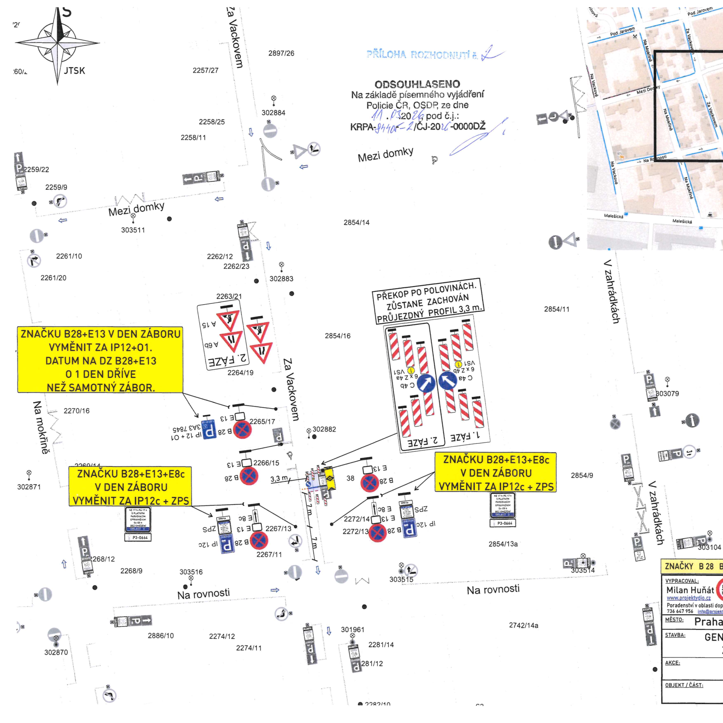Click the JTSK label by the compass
[75, 70]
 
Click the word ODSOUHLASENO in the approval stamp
[417, 84]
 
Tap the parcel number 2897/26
[281, 53]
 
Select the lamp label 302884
[273, 113]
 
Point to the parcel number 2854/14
[357, 223]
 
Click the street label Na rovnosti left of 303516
[204, 594]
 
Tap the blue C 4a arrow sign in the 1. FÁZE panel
[447, 380]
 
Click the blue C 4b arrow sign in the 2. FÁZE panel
[426, 383]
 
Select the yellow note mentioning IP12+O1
[100, 360]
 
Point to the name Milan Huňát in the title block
[690, 590]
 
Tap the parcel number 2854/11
[556, 309]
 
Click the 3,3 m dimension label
[279, 479]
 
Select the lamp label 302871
[29, 487]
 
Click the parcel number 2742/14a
[523, 625]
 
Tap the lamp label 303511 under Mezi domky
[133, 230]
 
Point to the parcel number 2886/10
[161, 636]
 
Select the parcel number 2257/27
[205, 70]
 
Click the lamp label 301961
[352, 629]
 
